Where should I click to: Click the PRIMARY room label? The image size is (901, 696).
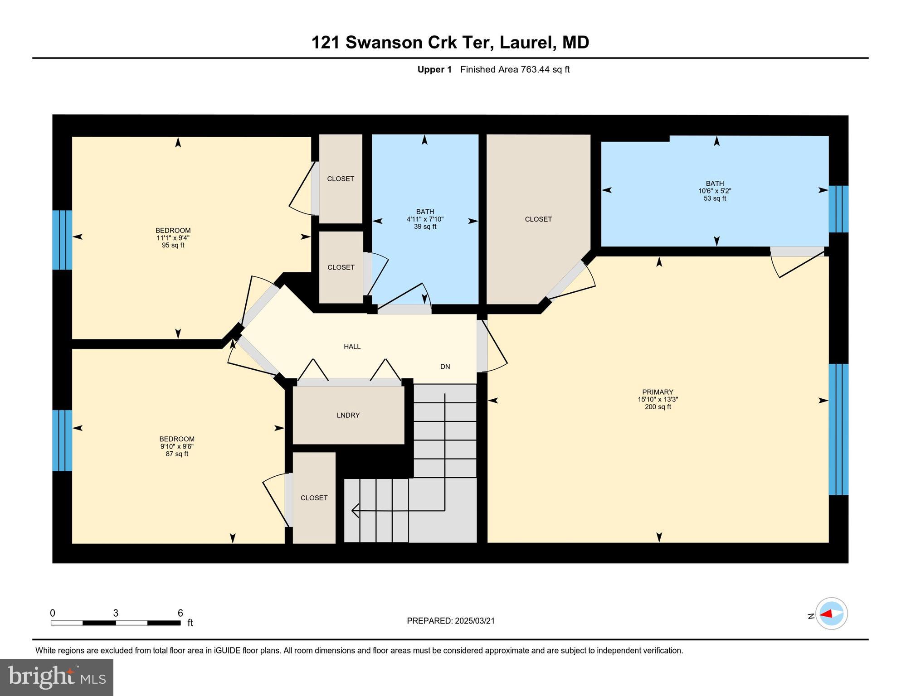point(657,392)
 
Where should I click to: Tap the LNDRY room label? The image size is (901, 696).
point(348,416)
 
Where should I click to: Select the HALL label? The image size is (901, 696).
point(352,347)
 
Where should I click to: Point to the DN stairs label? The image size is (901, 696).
point(445,367)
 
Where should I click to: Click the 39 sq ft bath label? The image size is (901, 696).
point(425,219)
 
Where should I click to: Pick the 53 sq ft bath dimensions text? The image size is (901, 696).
point(715,191)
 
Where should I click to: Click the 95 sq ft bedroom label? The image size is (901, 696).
point(173,238)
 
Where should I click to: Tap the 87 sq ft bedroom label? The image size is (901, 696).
point(176,446)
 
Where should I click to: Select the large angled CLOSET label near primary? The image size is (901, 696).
point(538,219)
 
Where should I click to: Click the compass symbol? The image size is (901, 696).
point(831,614)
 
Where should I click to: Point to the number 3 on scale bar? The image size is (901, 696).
point(116,613)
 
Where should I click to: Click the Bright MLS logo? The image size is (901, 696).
point(57,677)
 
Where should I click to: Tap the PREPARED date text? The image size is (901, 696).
point(450,621)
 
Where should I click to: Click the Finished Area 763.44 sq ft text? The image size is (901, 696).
point(515,69)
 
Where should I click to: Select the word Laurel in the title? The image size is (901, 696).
point(527,43)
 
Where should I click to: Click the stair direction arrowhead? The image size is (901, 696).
point(355,511)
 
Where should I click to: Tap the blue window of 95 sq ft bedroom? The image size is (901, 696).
point(62,240)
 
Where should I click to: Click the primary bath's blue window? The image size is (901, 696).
point(838,209)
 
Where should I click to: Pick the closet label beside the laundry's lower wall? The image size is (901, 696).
point(314,498)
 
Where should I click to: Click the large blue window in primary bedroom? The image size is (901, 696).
point(838,429)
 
